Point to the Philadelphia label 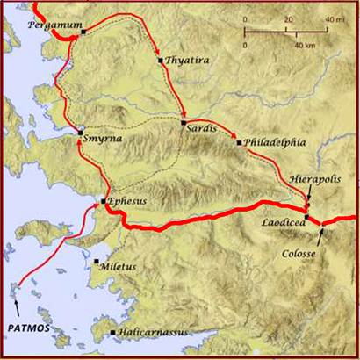coord(275,140)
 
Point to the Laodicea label coord(283,223)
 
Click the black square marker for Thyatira coord(160,61)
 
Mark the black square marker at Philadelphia coord(239,141)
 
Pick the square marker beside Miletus coord(96,262)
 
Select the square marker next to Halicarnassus coord(113,332)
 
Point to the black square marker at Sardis coord(184,122)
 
